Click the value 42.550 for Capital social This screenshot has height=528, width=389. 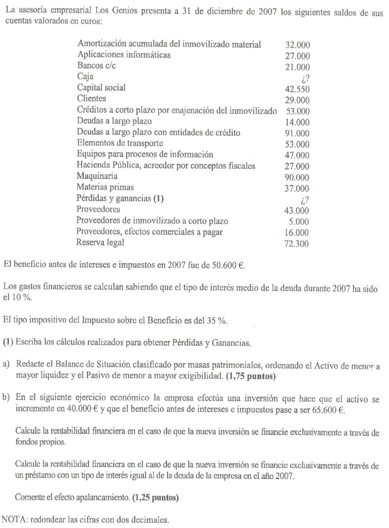click(297, 88)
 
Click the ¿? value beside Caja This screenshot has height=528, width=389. click(304, 77)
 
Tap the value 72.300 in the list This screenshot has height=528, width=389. click(297, 244)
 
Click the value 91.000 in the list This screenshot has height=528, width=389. click(297, 133)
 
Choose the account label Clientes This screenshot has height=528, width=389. click(92, 99)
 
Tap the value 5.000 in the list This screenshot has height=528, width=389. click(300, 221)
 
